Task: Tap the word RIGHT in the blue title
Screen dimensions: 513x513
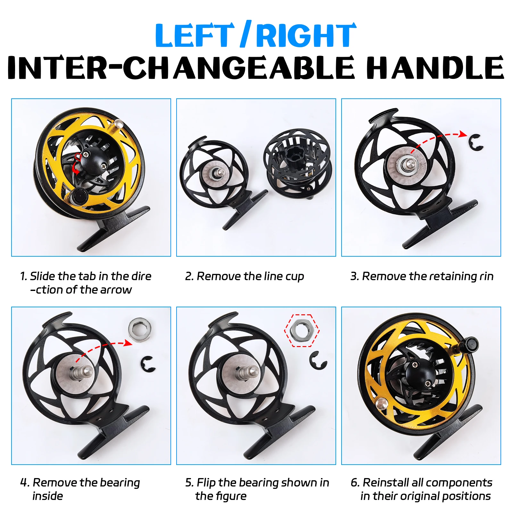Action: (x=306, y=35)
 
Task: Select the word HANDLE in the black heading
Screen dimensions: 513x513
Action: (x=435, y=67)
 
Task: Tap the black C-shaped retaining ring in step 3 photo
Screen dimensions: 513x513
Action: (x=476, y=143)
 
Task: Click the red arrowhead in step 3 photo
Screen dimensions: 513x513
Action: (x=462, y=134)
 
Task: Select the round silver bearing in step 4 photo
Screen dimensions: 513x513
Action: (x=140, y=329)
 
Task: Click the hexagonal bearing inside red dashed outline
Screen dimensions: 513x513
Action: (x=302, y=330)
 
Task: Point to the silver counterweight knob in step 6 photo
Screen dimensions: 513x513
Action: (x=382, y=403)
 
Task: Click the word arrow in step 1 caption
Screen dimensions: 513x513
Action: (x=116, y=290)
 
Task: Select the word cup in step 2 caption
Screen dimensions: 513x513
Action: (x=294, y=277)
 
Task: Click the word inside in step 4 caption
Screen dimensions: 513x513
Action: (x=48, y=496)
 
